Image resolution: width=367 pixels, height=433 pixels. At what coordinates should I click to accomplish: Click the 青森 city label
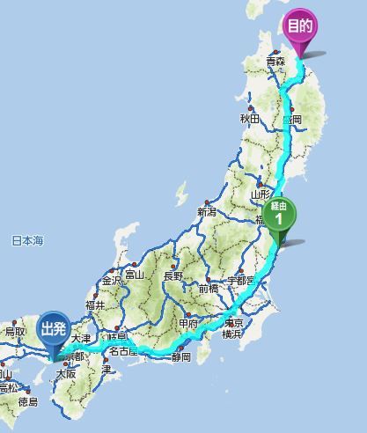coord(276,62)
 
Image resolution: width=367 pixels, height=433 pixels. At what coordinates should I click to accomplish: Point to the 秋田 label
coord(249,119)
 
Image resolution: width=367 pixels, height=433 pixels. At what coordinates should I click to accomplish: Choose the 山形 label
coord(260,194)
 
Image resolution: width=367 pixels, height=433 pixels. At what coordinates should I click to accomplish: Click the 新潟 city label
coord(207,212)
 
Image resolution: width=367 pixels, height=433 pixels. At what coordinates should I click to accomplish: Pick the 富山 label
coord(134,275)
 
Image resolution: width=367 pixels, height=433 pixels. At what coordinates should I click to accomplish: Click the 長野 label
coord(172,276)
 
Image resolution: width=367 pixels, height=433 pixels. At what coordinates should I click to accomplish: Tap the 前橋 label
coord(209,288)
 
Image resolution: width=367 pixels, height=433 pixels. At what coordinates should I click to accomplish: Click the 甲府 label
coord(189,324)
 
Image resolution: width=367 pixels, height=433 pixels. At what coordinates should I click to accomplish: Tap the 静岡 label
coord(181,356)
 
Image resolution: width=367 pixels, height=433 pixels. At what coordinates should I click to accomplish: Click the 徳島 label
coord(27,402)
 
